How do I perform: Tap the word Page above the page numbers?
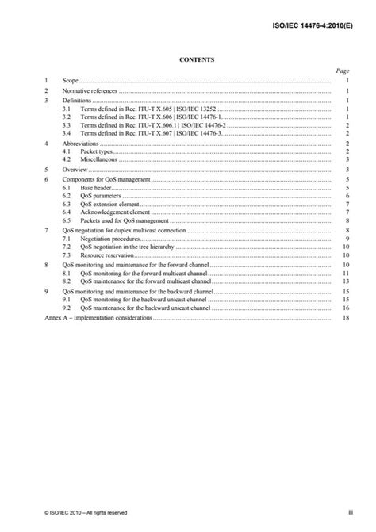tap(343, 70)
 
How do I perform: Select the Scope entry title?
tap(71, 80)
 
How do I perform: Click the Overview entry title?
tap(76, 169)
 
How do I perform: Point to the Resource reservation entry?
tap(106, 255)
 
